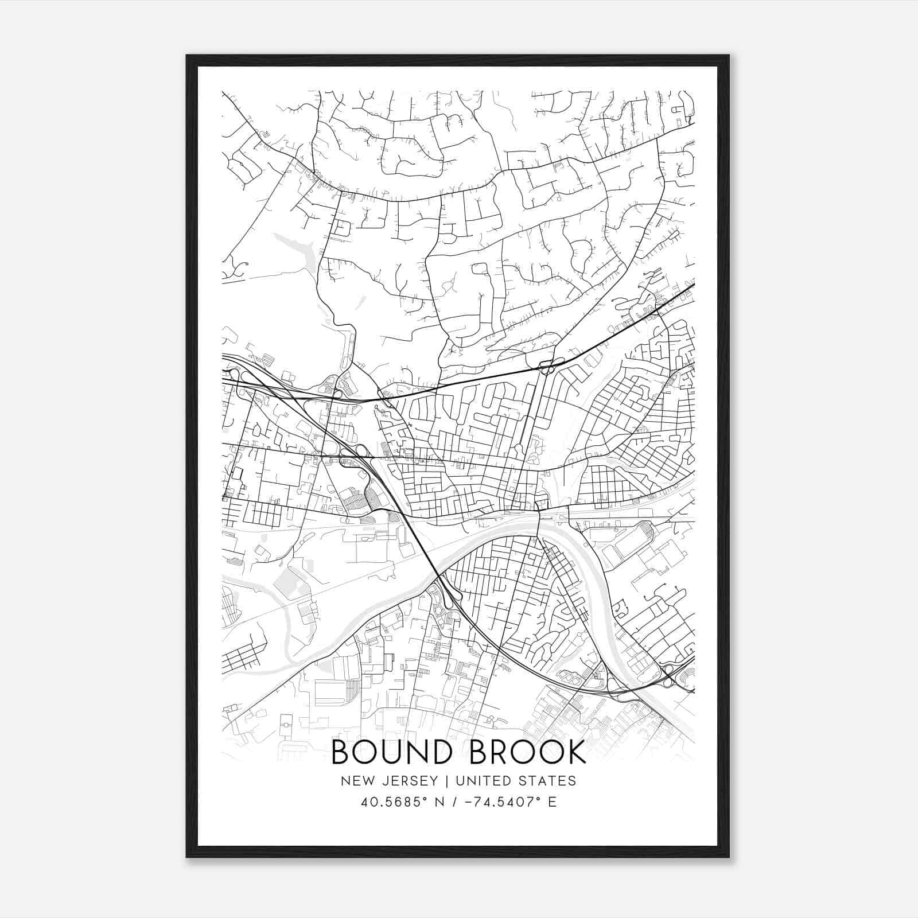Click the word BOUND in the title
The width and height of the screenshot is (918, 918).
coord(392,752)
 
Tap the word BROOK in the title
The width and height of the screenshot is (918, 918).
coord(528,752)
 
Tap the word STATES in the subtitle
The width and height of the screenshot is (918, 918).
coord(551,781)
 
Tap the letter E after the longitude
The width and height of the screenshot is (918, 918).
coord(552,802)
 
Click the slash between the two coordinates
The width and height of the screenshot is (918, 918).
coord(454,802)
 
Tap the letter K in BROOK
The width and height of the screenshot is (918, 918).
coord(576,752)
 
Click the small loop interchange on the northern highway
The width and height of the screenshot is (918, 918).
coord(546,365)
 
